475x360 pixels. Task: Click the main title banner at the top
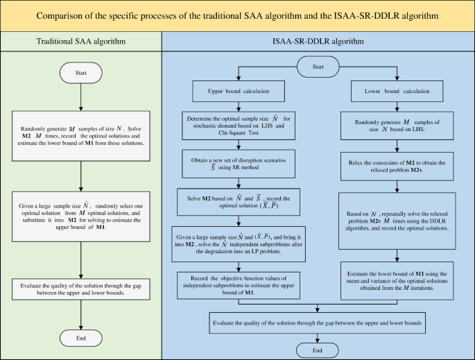pyautogui.click(x=237, y=15)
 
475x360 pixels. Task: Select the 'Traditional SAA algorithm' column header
pyautogui.click(x=82, y=42)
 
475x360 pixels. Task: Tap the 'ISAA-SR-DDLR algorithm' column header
pyautogui.click(x=318, y=42)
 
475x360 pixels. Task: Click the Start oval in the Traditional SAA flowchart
pyautogui.click(x=81, y=72)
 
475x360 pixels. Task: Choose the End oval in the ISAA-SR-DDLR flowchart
pyautogui.click(x=318, y=350)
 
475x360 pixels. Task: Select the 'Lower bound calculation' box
pyautogui.click(x=396, y=91)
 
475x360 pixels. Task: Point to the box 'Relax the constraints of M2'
pyautogui.click(x=396, y=166)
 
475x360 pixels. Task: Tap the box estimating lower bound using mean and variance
pyautogui.click(x=396, y=280)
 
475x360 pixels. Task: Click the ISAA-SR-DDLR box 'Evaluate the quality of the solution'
pyautogui.click(x=318, y=324)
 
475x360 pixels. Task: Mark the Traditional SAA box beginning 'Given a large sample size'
pyautogui.click(x=81, y=216)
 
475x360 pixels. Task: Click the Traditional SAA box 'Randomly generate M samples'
pyautogui.click(x=81, y=137)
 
